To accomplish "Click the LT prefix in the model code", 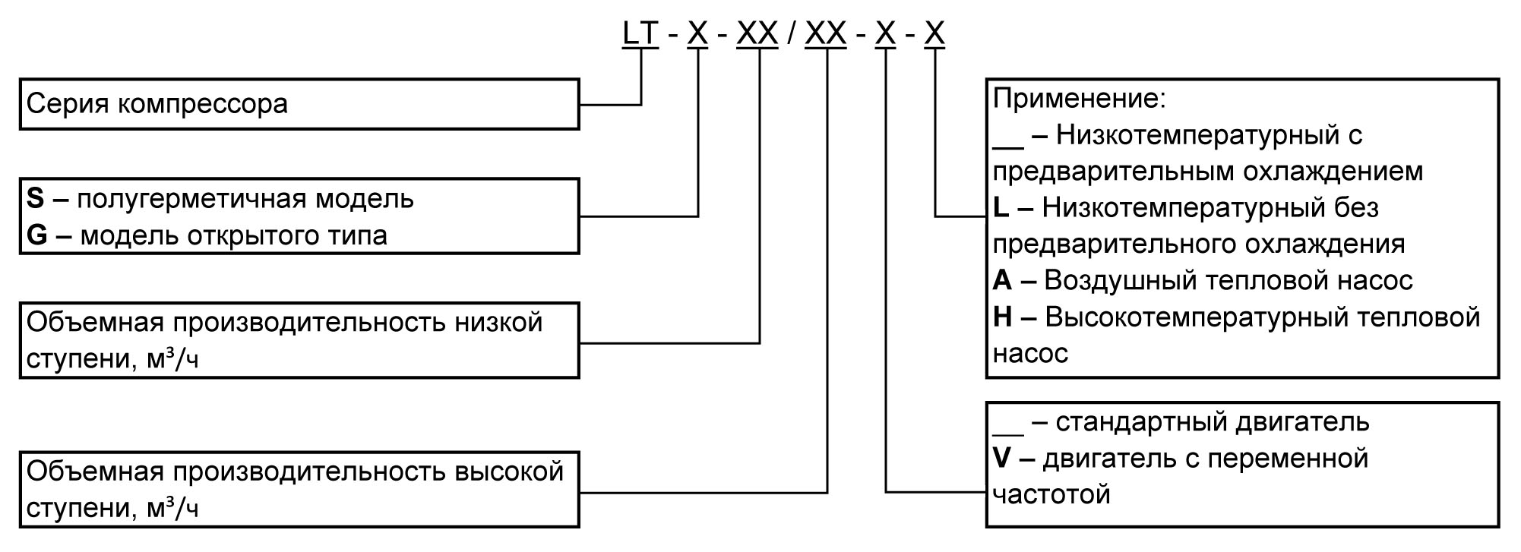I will (x=640, y=34).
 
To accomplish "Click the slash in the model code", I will (x=791, y=34).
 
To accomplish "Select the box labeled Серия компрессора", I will (x=299, y=104).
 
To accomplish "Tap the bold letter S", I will (x=35, y=199).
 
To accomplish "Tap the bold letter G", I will (x=36, y=235).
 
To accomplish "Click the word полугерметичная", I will (x=191, y=199).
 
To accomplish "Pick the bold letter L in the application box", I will (x=1001, y=207).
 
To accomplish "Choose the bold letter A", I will (x=1002, y=280).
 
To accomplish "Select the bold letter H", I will (x=1002, y=317).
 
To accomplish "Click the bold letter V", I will (x=1002, y=459).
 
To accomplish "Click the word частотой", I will (x=1051, y=495).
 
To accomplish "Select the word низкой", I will (x=498, y=322).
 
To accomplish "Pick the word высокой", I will (x=509, y=472).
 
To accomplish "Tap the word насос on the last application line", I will (x=1030, y=353).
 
